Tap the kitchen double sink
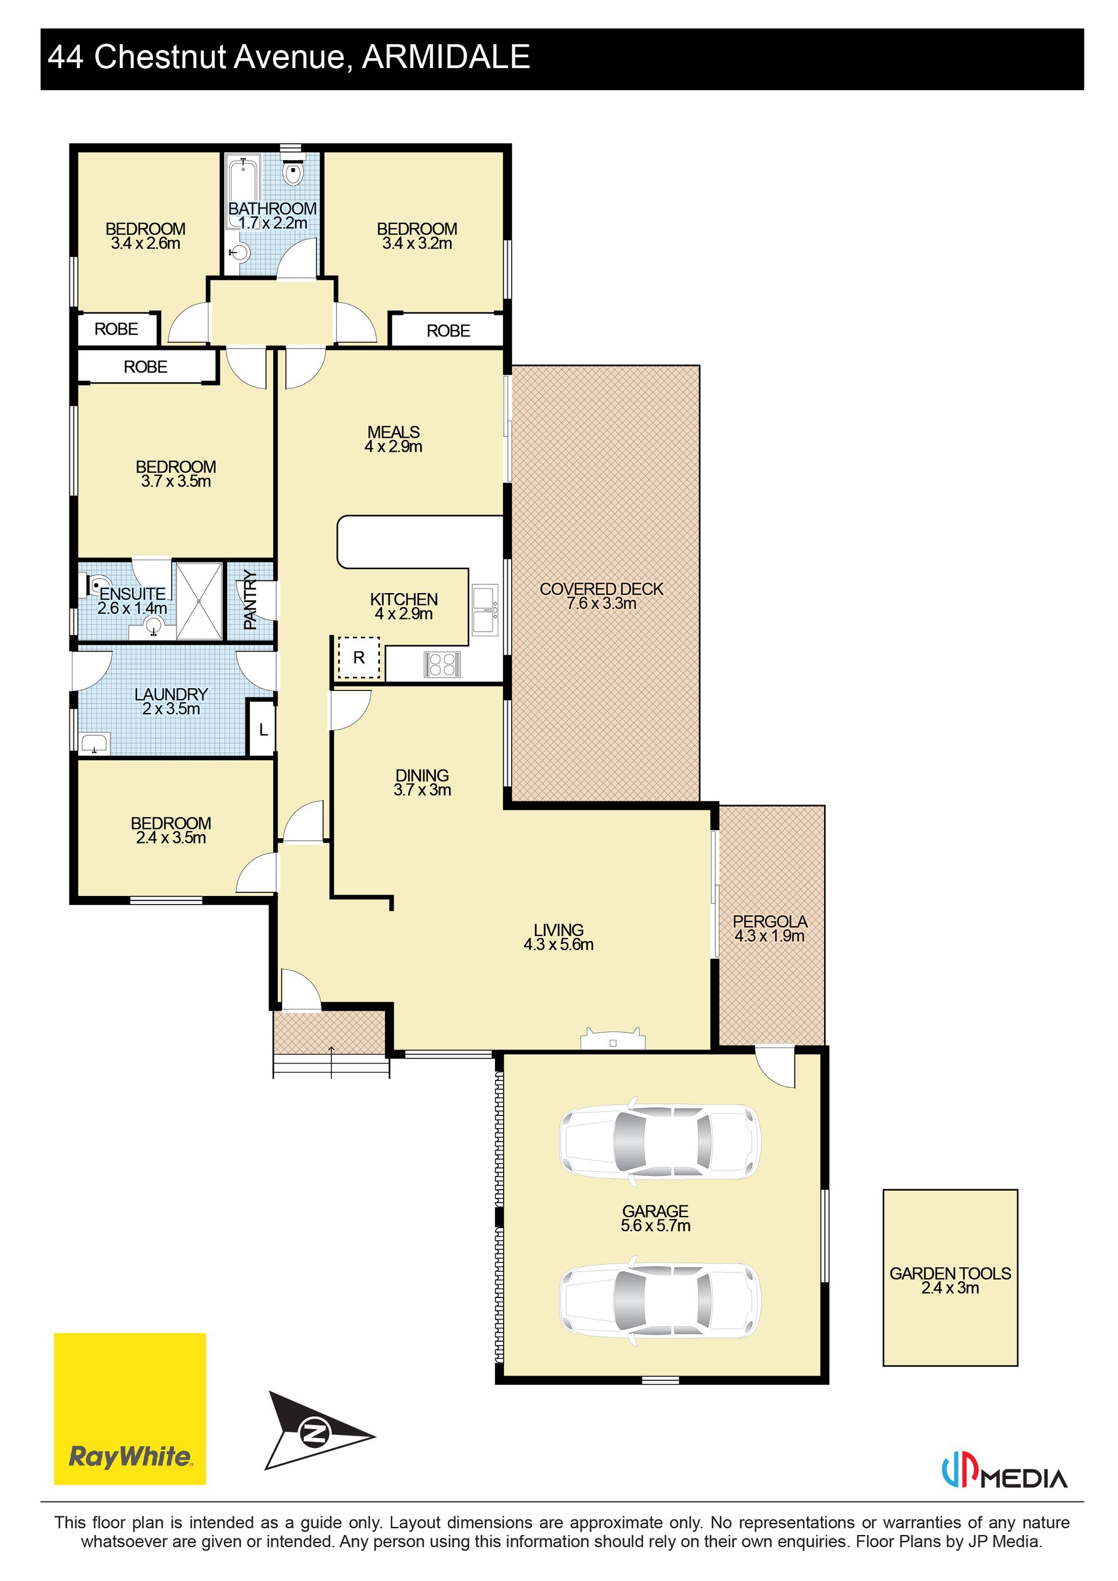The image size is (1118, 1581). [x=485, y=610]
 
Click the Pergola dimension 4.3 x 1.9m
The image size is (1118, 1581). [x=769, y=936]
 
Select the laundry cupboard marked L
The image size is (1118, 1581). [x=263, y=729]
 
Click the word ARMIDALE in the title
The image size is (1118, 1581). [x=447, y=56]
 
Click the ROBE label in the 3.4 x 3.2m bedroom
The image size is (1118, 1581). [x=448, y=331]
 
